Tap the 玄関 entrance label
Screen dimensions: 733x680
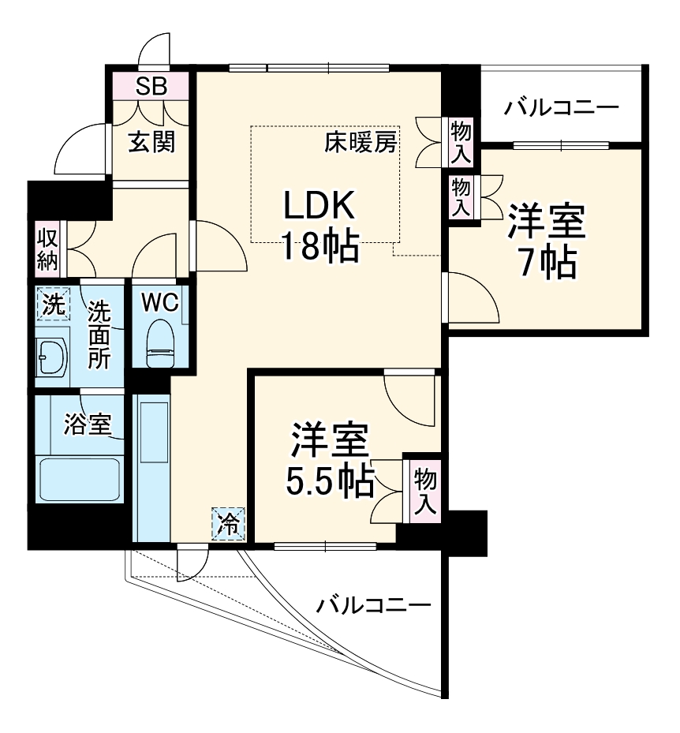[151, 143]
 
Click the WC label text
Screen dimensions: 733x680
[161, 301]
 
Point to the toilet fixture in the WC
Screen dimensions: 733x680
[161, 341]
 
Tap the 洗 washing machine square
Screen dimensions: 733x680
[52, 307]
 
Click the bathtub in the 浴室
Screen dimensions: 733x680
[79, 479]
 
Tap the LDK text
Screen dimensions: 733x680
[321, 207]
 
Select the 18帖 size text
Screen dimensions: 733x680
[321, 247]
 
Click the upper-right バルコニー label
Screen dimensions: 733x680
[562, 106]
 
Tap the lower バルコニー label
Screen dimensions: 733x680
[374, 606]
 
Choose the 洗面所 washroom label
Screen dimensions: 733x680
[99, 335]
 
